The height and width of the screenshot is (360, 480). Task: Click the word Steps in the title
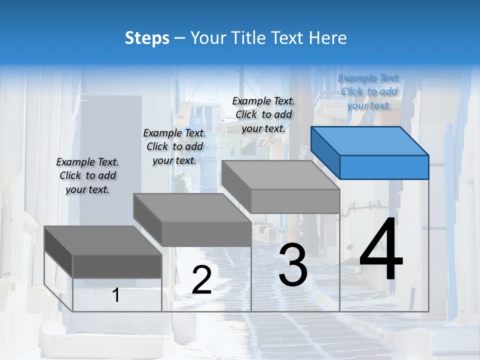(147, 38)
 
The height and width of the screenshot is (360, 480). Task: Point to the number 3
(292, 265)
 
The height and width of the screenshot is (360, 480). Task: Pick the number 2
(201, 280)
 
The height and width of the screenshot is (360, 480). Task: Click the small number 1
(116, 295)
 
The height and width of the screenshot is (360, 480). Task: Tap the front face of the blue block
(384, 167)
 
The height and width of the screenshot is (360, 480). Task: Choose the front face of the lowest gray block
(117, 266)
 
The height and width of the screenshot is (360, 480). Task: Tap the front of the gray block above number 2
(206, 233)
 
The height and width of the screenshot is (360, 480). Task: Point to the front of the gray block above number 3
(295, 201)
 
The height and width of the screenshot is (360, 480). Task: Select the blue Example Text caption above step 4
(369, 91)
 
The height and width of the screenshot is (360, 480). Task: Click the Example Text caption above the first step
(87, 175)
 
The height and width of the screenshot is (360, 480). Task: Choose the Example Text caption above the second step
(174, 146)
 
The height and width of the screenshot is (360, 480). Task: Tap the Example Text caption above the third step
(263, 114)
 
